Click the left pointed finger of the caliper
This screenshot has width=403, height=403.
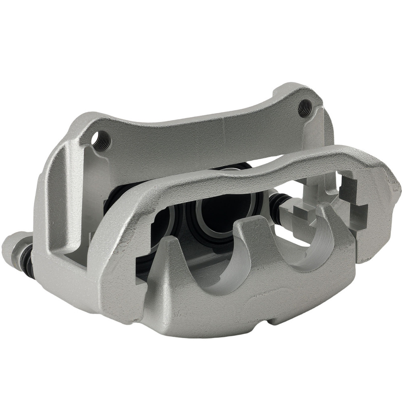(x=169, y=258)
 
